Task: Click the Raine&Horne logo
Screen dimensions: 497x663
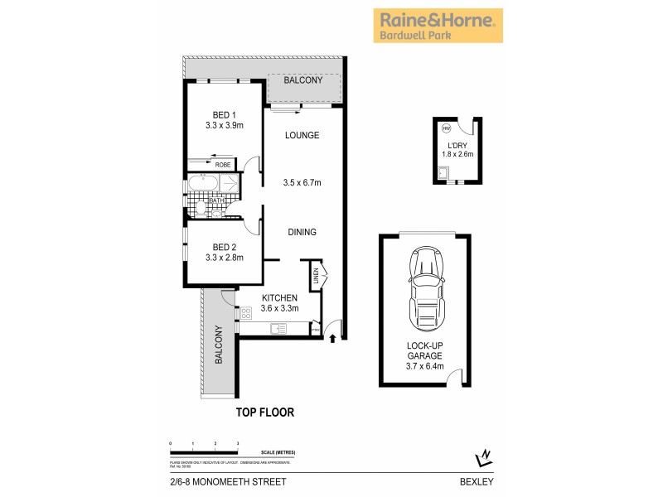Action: (x=438, y=26)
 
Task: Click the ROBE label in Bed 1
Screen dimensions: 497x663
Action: (x=223, y=164)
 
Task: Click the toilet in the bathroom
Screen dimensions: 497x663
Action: (x=216, y=213)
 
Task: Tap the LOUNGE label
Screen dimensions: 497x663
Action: (x=302, y=135)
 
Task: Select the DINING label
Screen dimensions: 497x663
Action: (x=302, y=232)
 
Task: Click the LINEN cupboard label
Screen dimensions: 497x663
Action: (x=316, y=276)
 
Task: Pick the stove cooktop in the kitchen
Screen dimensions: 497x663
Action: (x=245, y=312)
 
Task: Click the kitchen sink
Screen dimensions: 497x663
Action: (x=278, y=329)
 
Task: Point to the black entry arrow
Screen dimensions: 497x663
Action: (x=332, y=337)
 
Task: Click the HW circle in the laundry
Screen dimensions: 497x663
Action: (x=446, y=128)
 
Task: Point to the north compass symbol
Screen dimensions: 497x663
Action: (x=483, y=456)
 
